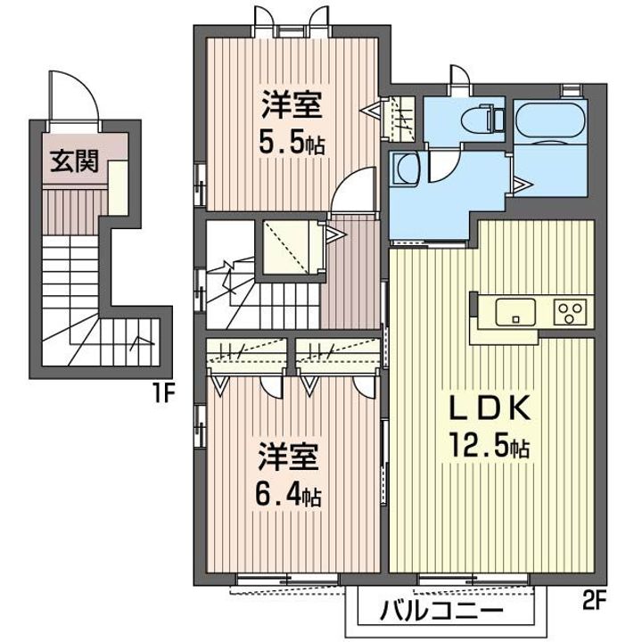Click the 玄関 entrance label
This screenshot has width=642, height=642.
pos(75,160)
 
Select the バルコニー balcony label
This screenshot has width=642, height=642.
pos(441,612)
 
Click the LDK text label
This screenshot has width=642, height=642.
pos(490,407)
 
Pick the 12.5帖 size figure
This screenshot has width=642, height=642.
pos(490,446)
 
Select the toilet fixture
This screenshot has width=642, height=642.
pos(481,119)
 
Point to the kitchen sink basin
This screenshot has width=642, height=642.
pos(515,312)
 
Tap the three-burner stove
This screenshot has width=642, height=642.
pos(570,312)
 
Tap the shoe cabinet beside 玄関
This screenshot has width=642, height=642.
pos(119,187)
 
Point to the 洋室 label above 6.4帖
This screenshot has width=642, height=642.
pos(288,457)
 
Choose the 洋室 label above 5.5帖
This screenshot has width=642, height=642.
pos(292,105)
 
